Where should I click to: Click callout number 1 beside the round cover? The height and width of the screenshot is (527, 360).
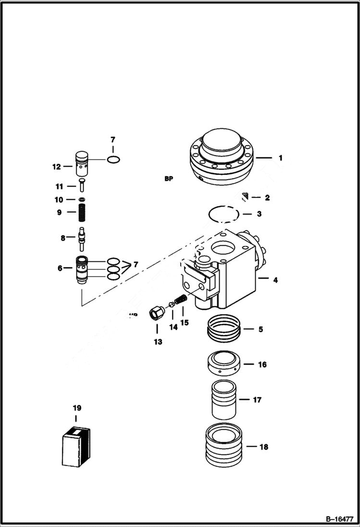click(281, 158)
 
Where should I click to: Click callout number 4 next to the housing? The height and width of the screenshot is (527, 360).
click(275, 280)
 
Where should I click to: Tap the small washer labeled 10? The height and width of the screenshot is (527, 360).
click(83, 199)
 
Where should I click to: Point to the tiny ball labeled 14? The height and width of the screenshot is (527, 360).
click(171, 305)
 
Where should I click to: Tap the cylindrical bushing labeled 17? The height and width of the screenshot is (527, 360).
click(224, 399)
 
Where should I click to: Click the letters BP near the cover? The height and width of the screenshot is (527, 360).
click(168, 179)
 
